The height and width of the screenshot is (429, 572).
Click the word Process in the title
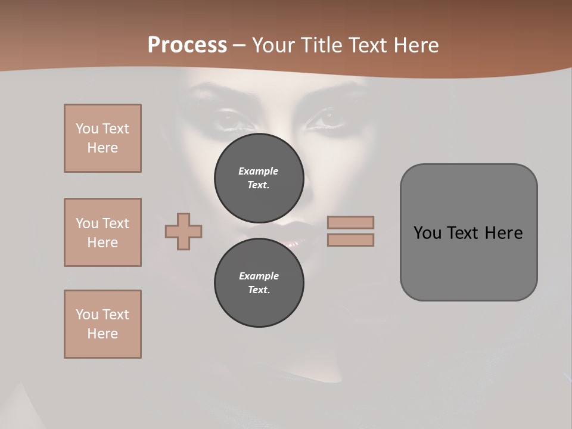click(187, 45)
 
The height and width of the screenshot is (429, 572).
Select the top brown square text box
click(102, 138)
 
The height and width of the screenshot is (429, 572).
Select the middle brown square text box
click(102, 232)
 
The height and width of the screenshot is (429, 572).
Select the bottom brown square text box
click(102, 324)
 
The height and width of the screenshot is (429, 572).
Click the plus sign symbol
click(184, 231)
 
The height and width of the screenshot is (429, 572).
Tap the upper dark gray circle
click(259, 178)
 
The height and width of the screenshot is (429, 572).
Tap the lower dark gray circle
click(259, 283)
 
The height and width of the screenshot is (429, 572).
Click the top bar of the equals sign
click(351, 222)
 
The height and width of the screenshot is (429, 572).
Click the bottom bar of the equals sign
click(351, 240)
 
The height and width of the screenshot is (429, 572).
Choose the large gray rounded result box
click(468, 232)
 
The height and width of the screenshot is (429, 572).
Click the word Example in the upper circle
click(259, 171)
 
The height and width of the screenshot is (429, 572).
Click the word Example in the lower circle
click(259, 276)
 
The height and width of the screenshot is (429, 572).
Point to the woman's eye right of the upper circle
click(326, 120)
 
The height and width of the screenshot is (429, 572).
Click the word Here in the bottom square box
click(102, 334)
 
